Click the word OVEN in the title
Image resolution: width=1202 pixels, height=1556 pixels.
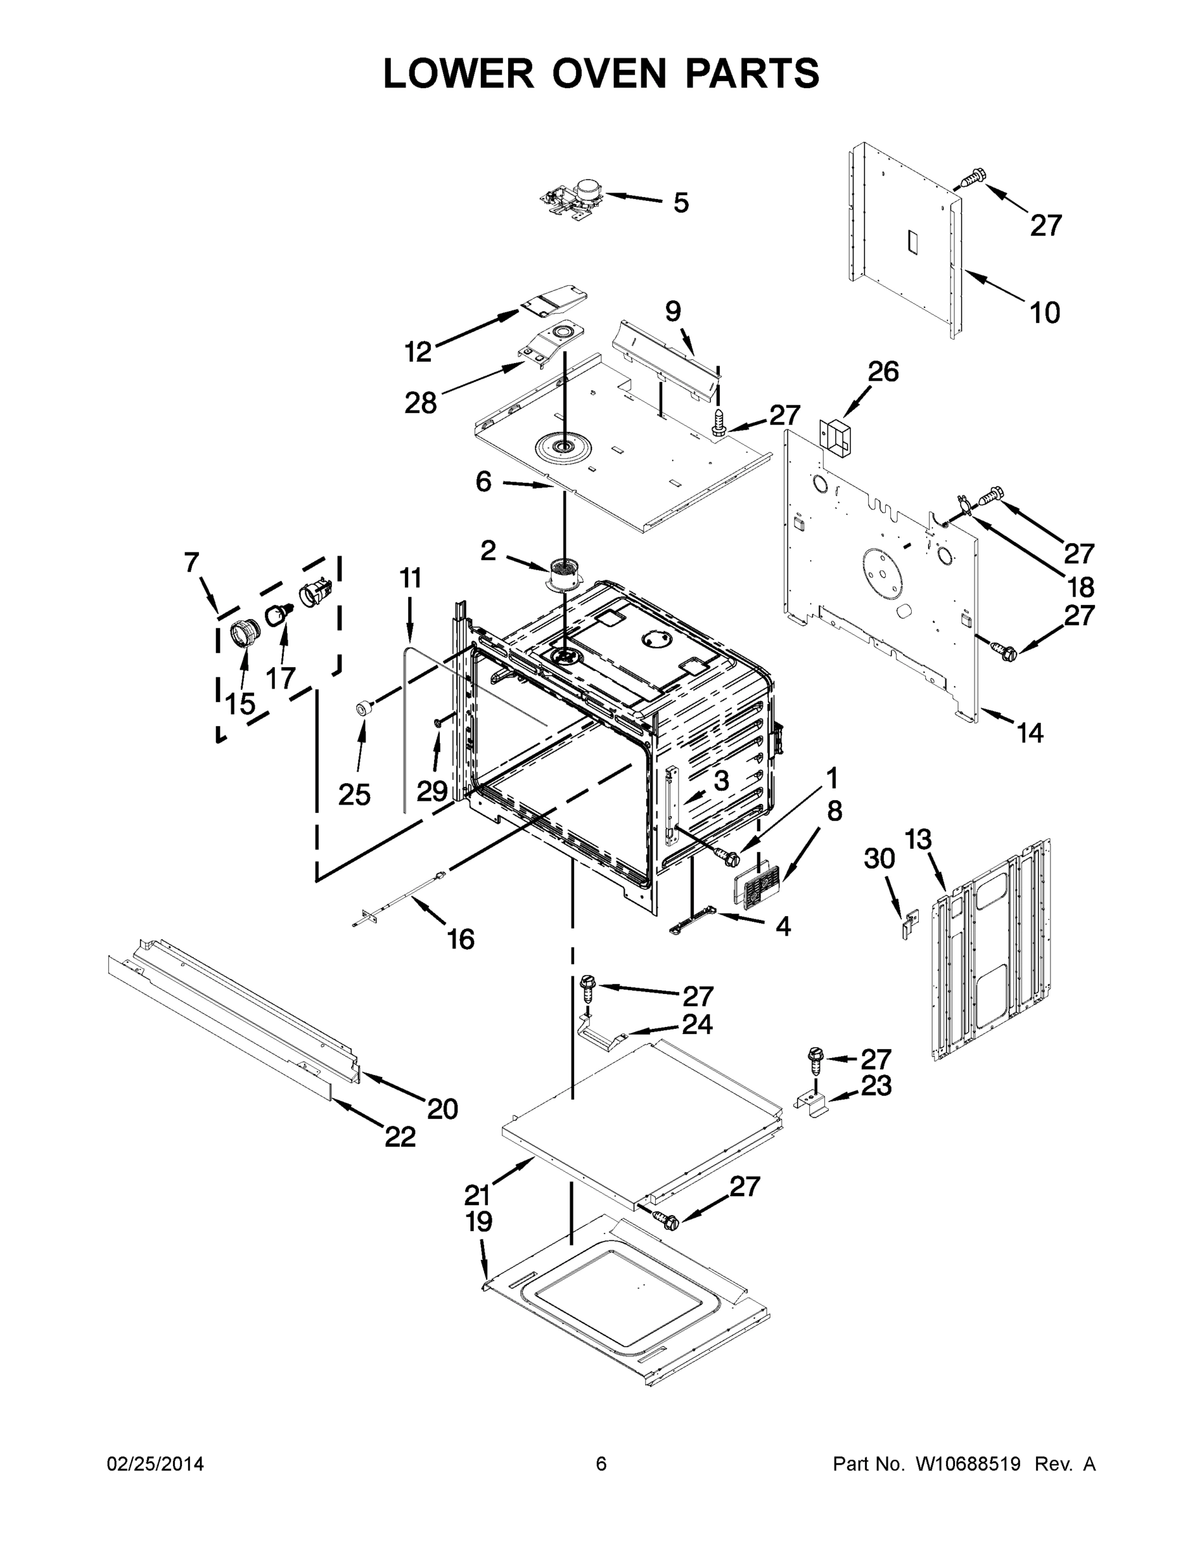click(610, 73)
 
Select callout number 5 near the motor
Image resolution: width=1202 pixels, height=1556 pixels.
click(681, 203)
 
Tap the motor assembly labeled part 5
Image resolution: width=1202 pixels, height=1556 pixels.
click(574, 196)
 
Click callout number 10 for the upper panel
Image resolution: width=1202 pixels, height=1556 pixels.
click(1045, 312)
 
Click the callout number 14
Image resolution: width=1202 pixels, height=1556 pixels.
click(1030, 733)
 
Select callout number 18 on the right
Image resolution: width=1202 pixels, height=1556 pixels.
click(1081, 588)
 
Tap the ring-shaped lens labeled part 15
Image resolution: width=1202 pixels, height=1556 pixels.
click(244, 633)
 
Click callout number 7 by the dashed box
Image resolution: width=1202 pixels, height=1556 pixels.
click(192, 563)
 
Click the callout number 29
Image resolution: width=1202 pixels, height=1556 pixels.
click(432, 791)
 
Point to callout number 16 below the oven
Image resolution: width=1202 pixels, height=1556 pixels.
click(461, 939)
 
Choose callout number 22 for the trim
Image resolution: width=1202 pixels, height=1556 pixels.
click(400, 1137)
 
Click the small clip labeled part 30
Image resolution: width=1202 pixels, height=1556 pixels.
click(908, 928)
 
